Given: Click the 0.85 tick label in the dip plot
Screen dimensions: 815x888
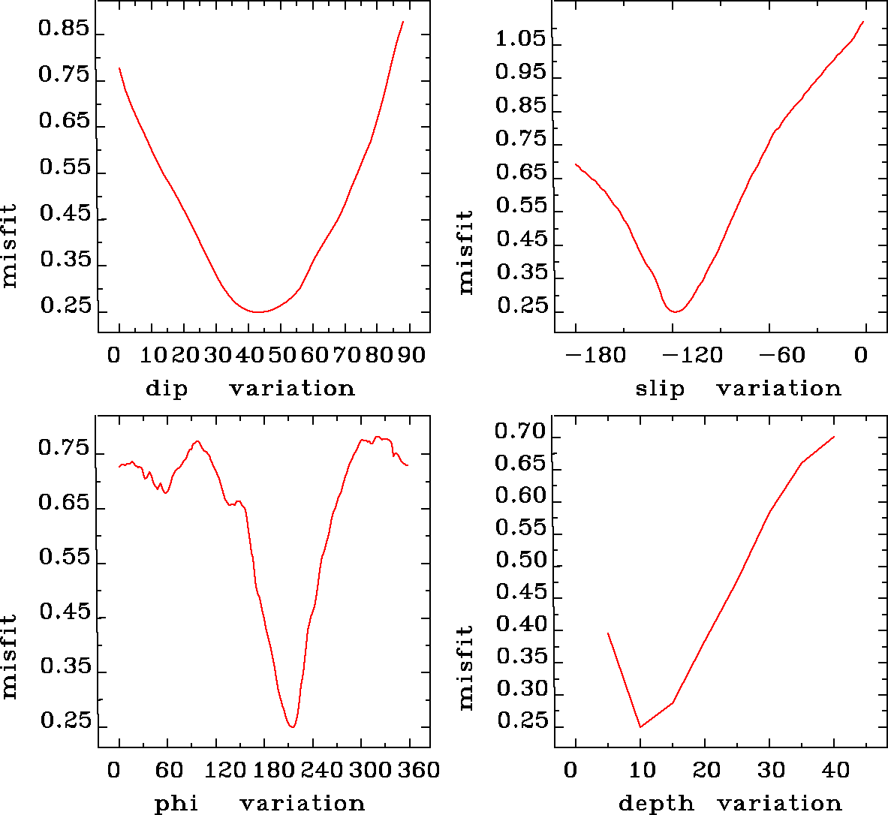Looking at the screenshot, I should tap(64, 30).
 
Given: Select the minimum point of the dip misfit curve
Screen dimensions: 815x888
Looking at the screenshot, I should tap(257, 311).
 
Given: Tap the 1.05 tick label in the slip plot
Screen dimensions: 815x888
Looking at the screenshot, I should tap(520, 39).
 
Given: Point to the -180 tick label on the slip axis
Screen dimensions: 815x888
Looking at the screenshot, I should tap(595, 354).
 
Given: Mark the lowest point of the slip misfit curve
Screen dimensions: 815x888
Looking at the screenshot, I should tap(676, 311).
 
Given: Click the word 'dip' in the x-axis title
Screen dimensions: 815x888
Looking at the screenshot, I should tap(167, 389).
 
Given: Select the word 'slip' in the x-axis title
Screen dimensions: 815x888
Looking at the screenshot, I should tap(660, 389).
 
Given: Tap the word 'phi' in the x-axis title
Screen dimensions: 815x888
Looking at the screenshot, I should tap(176, 804).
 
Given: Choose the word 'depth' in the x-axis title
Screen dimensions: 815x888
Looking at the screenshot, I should tap(655, 804).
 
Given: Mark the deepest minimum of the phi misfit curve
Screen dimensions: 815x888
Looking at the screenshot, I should tap(292, 726).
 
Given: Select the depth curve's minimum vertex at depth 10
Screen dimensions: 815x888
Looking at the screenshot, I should tap(640, 726).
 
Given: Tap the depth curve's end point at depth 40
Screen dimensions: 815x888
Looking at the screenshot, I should tap(834, 437).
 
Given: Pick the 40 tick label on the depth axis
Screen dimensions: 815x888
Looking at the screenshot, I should tap(835, 770).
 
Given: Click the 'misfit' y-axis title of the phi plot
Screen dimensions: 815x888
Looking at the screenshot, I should tap(9, 656).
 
